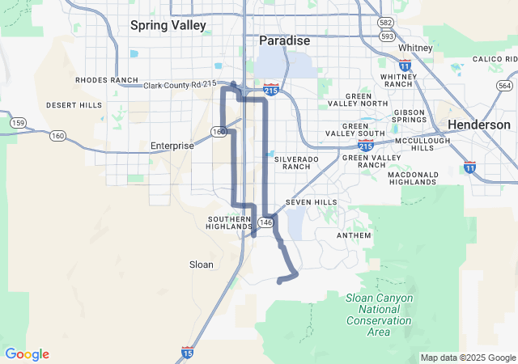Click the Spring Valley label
tap(168, 25)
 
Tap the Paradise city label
tap(284, 40)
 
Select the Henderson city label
tap(480, 125)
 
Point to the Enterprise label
tap(172, 146)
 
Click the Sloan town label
tap(202, 265)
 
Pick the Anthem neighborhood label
tap(354, 235)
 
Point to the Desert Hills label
tap(74, 105)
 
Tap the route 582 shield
tap(387, 22)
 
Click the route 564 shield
tap(504, 86)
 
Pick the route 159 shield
tap(17, 122)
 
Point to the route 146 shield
tap(266, 222)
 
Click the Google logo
tap(27, 354)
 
